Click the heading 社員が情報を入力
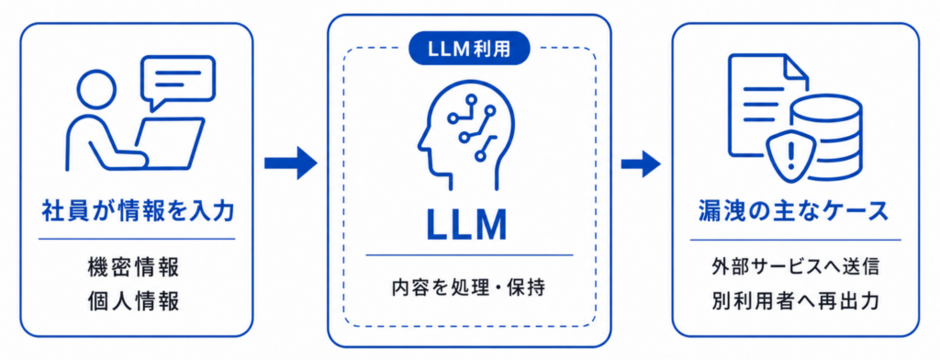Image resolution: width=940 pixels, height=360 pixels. (137, 212)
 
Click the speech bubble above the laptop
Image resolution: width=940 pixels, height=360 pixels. (177, 80)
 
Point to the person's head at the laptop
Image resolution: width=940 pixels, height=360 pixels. (97, 89)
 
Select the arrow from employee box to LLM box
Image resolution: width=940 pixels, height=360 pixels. (290, 162)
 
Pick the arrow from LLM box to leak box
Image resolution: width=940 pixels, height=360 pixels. (641, 163)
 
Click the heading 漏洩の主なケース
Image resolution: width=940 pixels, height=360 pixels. (793, 212)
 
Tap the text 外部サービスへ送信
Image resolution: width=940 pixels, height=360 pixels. (796, 267)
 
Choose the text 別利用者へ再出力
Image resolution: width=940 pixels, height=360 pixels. (796, 300)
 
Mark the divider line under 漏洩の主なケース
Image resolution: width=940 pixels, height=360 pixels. (796, 240)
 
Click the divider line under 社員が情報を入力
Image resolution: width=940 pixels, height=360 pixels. (137, 240)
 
